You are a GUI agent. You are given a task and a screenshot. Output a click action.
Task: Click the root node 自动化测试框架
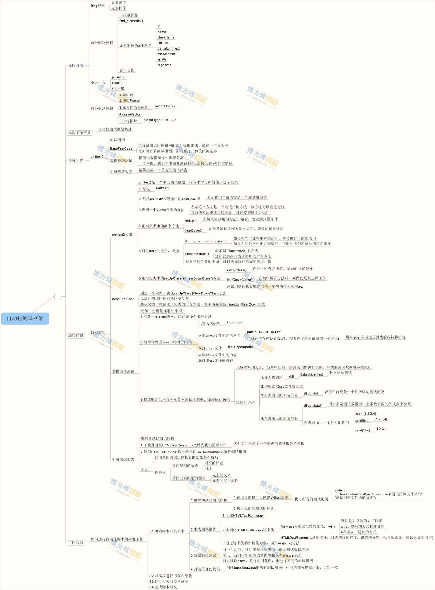[x=25, y=319]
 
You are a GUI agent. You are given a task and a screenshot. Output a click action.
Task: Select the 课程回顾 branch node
[x=76, y=65]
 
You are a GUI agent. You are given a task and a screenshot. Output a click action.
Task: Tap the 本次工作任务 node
[x=79, y=133]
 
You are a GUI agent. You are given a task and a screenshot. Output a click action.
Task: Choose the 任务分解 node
[x=76, y=160]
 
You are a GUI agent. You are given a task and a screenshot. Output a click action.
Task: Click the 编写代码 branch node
[x=76, y=336]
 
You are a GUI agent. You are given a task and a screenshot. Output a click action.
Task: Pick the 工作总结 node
[x=76, y=543]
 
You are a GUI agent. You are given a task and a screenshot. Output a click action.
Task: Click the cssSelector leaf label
[x=166, y=54]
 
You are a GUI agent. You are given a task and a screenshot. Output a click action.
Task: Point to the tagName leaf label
[x=164, y=65]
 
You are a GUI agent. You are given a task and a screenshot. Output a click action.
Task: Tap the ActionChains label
[x=165, y=106]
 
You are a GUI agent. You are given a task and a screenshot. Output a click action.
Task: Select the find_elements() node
[x=131, y=21]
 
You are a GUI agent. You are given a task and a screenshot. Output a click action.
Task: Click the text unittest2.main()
[x=197, y=254]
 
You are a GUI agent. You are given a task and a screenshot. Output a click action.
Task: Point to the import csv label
[x=235, y=322]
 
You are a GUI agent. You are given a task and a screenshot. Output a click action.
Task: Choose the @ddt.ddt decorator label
[x=311, y=393]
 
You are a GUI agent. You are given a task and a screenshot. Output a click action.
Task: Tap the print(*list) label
[x=362, y=430]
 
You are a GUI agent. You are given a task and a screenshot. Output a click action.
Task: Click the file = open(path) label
[x=240, y=347]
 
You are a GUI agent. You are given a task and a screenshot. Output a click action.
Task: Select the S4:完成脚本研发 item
[x=163, y=587]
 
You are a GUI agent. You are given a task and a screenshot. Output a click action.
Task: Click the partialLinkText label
[x=169, y=48]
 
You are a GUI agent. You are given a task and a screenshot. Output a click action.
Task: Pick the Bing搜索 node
[x=98, y=6]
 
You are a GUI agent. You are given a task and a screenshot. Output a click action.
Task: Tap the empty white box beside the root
[x=58, y=296]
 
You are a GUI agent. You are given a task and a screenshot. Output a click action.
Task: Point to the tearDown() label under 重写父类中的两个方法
[x=194, y=230]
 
